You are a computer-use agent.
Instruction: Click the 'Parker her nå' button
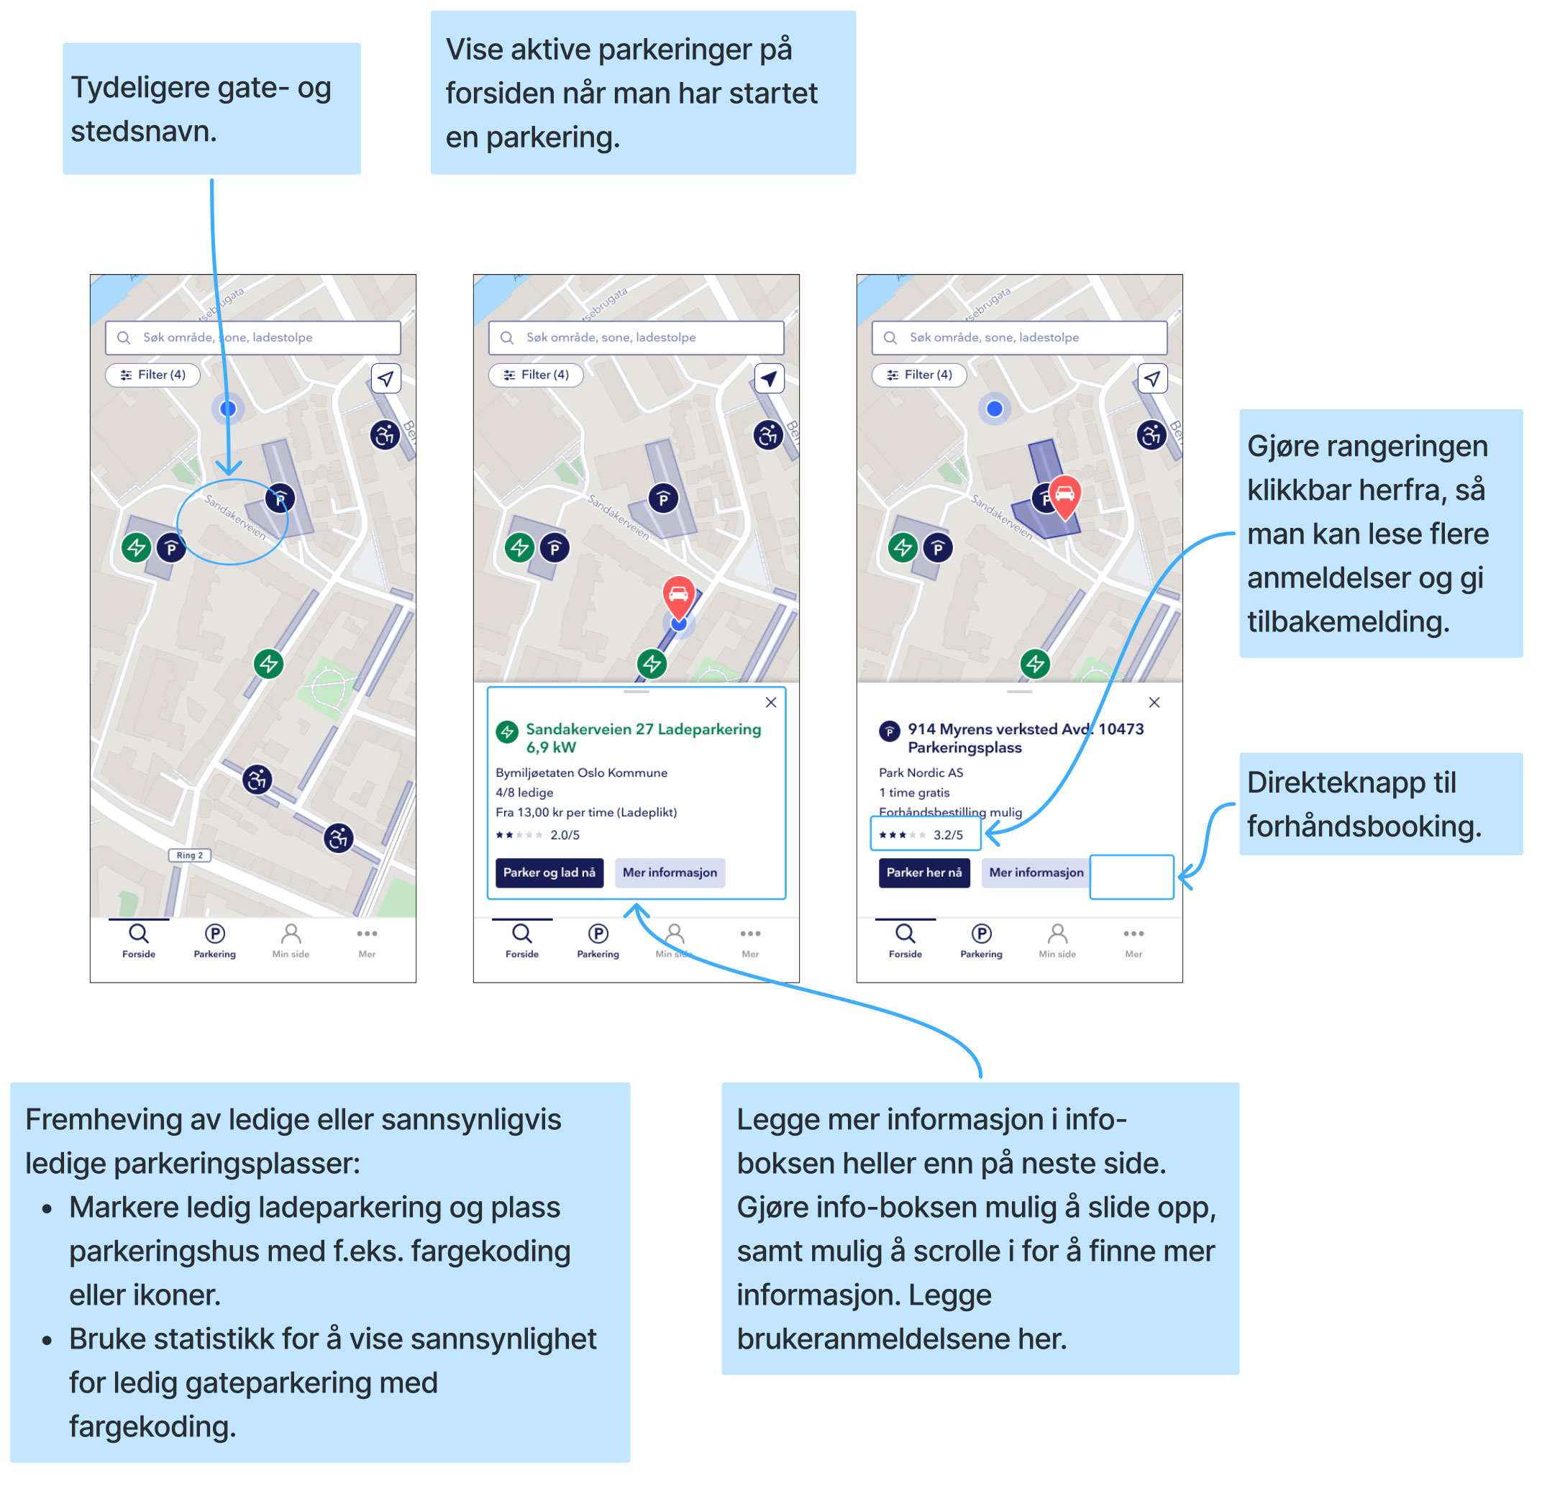[x=923, y=872]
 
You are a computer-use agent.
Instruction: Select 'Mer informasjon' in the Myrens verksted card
[x=1036, y=872]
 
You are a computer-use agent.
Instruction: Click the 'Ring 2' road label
[x=190, y=855]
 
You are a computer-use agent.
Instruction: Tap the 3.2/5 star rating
[x=924, y=835]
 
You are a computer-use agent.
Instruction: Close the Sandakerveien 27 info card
[x=771, y=703]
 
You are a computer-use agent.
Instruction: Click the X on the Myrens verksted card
[x=1154, y=703]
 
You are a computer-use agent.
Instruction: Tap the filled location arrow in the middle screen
[x=769, y=378]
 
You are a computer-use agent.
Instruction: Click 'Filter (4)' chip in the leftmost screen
[x=152, y=375]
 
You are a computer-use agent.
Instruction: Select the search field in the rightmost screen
[x=1019, y=337]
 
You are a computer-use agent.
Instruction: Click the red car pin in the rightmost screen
[x=1064, y=494]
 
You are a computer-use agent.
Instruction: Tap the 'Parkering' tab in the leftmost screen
[x=215, y=941]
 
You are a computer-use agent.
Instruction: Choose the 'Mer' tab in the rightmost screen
[x=1133, y=941]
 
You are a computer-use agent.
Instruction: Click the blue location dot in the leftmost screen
[x=228, y=409]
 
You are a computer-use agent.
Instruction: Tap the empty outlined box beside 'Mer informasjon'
[x=1131, y=877]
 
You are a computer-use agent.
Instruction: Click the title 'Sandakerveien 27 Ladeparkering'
[x=643, y=729]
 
